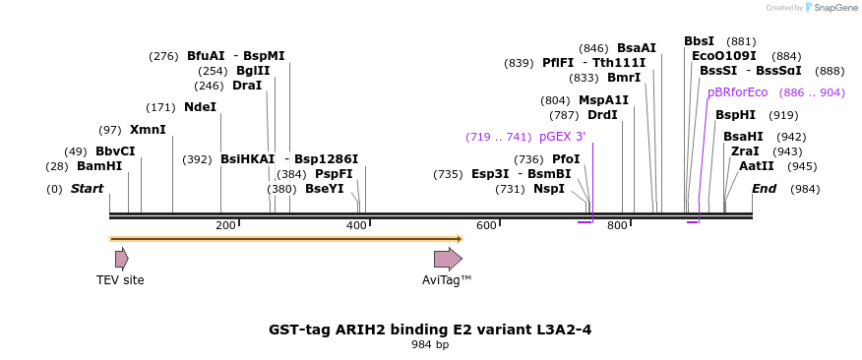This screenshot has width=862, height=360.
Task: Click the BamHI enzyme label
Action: [99, 166]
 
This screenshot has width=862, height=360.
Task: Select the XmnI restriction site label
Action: [148, 130]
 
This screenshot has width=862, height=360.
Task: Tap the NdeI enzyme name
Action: [200, 107]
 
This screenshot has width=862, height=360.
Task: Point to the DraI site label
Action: [247, 86]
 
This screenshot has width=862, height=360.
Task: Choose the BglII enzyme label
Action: [253, 71]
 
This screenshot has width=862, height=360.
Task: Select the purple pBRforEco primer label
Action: [737, 92]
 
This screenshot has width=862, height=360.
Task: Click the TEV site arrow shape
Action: [121, 259]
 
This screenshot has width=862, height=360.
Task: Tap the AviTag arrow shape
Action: [448, 259]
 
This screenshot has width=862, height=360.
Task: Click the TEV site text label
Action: [120, 280]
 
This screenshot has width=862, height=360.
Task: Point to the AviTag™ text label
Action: [447, 280]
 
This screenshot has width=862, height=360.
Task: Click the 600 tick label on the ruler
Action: [486, 226]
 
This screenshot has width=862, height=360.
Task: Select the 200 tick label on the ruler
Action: [225, 226]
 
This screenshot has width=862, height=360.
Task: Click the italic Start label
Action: [87, 189]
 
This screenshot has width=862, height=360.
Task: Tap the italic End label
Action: [764, 189]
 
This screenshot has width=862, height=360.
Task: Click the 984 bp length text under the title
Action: [430, 344]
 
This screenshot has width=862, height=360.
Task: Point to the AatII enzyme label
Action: [757, 166]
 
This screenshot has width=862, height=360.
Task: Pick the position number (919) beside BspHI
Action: [783, 115]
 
